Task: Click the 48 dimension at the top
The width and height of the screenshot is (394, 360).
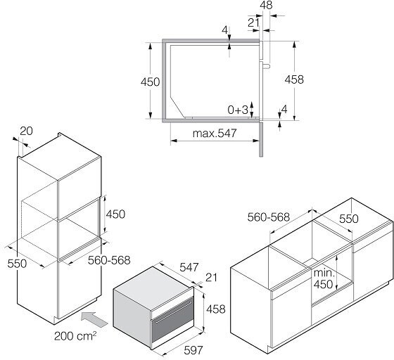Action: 266,5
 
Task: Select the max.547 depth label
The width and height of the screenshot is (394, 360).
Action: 215,134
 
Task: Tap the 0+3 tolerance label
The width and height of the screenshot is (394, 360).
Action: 238,110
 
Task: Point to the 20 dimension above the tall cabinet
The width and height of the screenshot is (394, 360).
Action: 26,131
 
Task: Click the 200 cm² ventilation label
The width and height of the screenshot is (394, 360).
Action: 75,336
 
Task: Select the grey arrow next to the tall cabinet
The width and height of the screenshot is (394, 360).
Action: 94,319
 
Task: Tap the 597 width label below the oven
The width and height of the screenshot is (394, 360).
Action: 193,350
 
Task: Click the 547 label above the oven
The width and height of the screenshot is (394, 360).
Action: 189,267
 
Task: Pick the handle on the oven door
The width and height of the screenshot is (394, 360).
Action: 173,311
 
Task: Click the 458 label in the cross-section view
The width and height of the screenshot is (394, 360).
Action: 294,79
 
